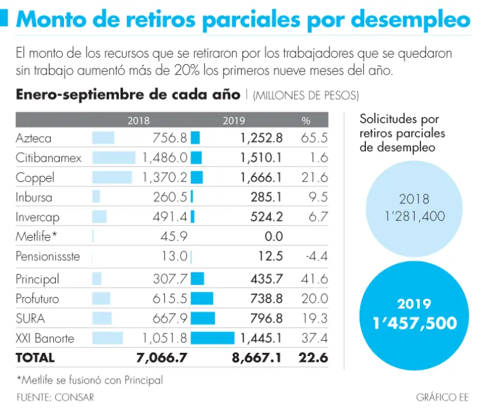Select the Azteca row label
[x=34, y=138]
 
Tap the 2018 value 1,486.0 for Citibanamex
[x=165, y=158]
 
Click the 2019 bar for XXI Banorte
[x=212, y=338]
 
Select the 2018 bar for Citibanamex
[x=114, y=158]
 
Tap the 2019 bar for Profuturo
[x=202, y=299]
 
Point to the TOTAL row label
[x=35, y=358]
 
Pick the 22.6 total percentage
[x=314, y=358]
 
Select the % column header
[x=306, y=120]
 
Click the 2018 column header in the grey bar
[x=139, y=120]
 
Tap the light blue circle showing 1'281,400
[x=414, y=207]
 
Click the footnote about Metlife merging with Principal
[x=89, y=380]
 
